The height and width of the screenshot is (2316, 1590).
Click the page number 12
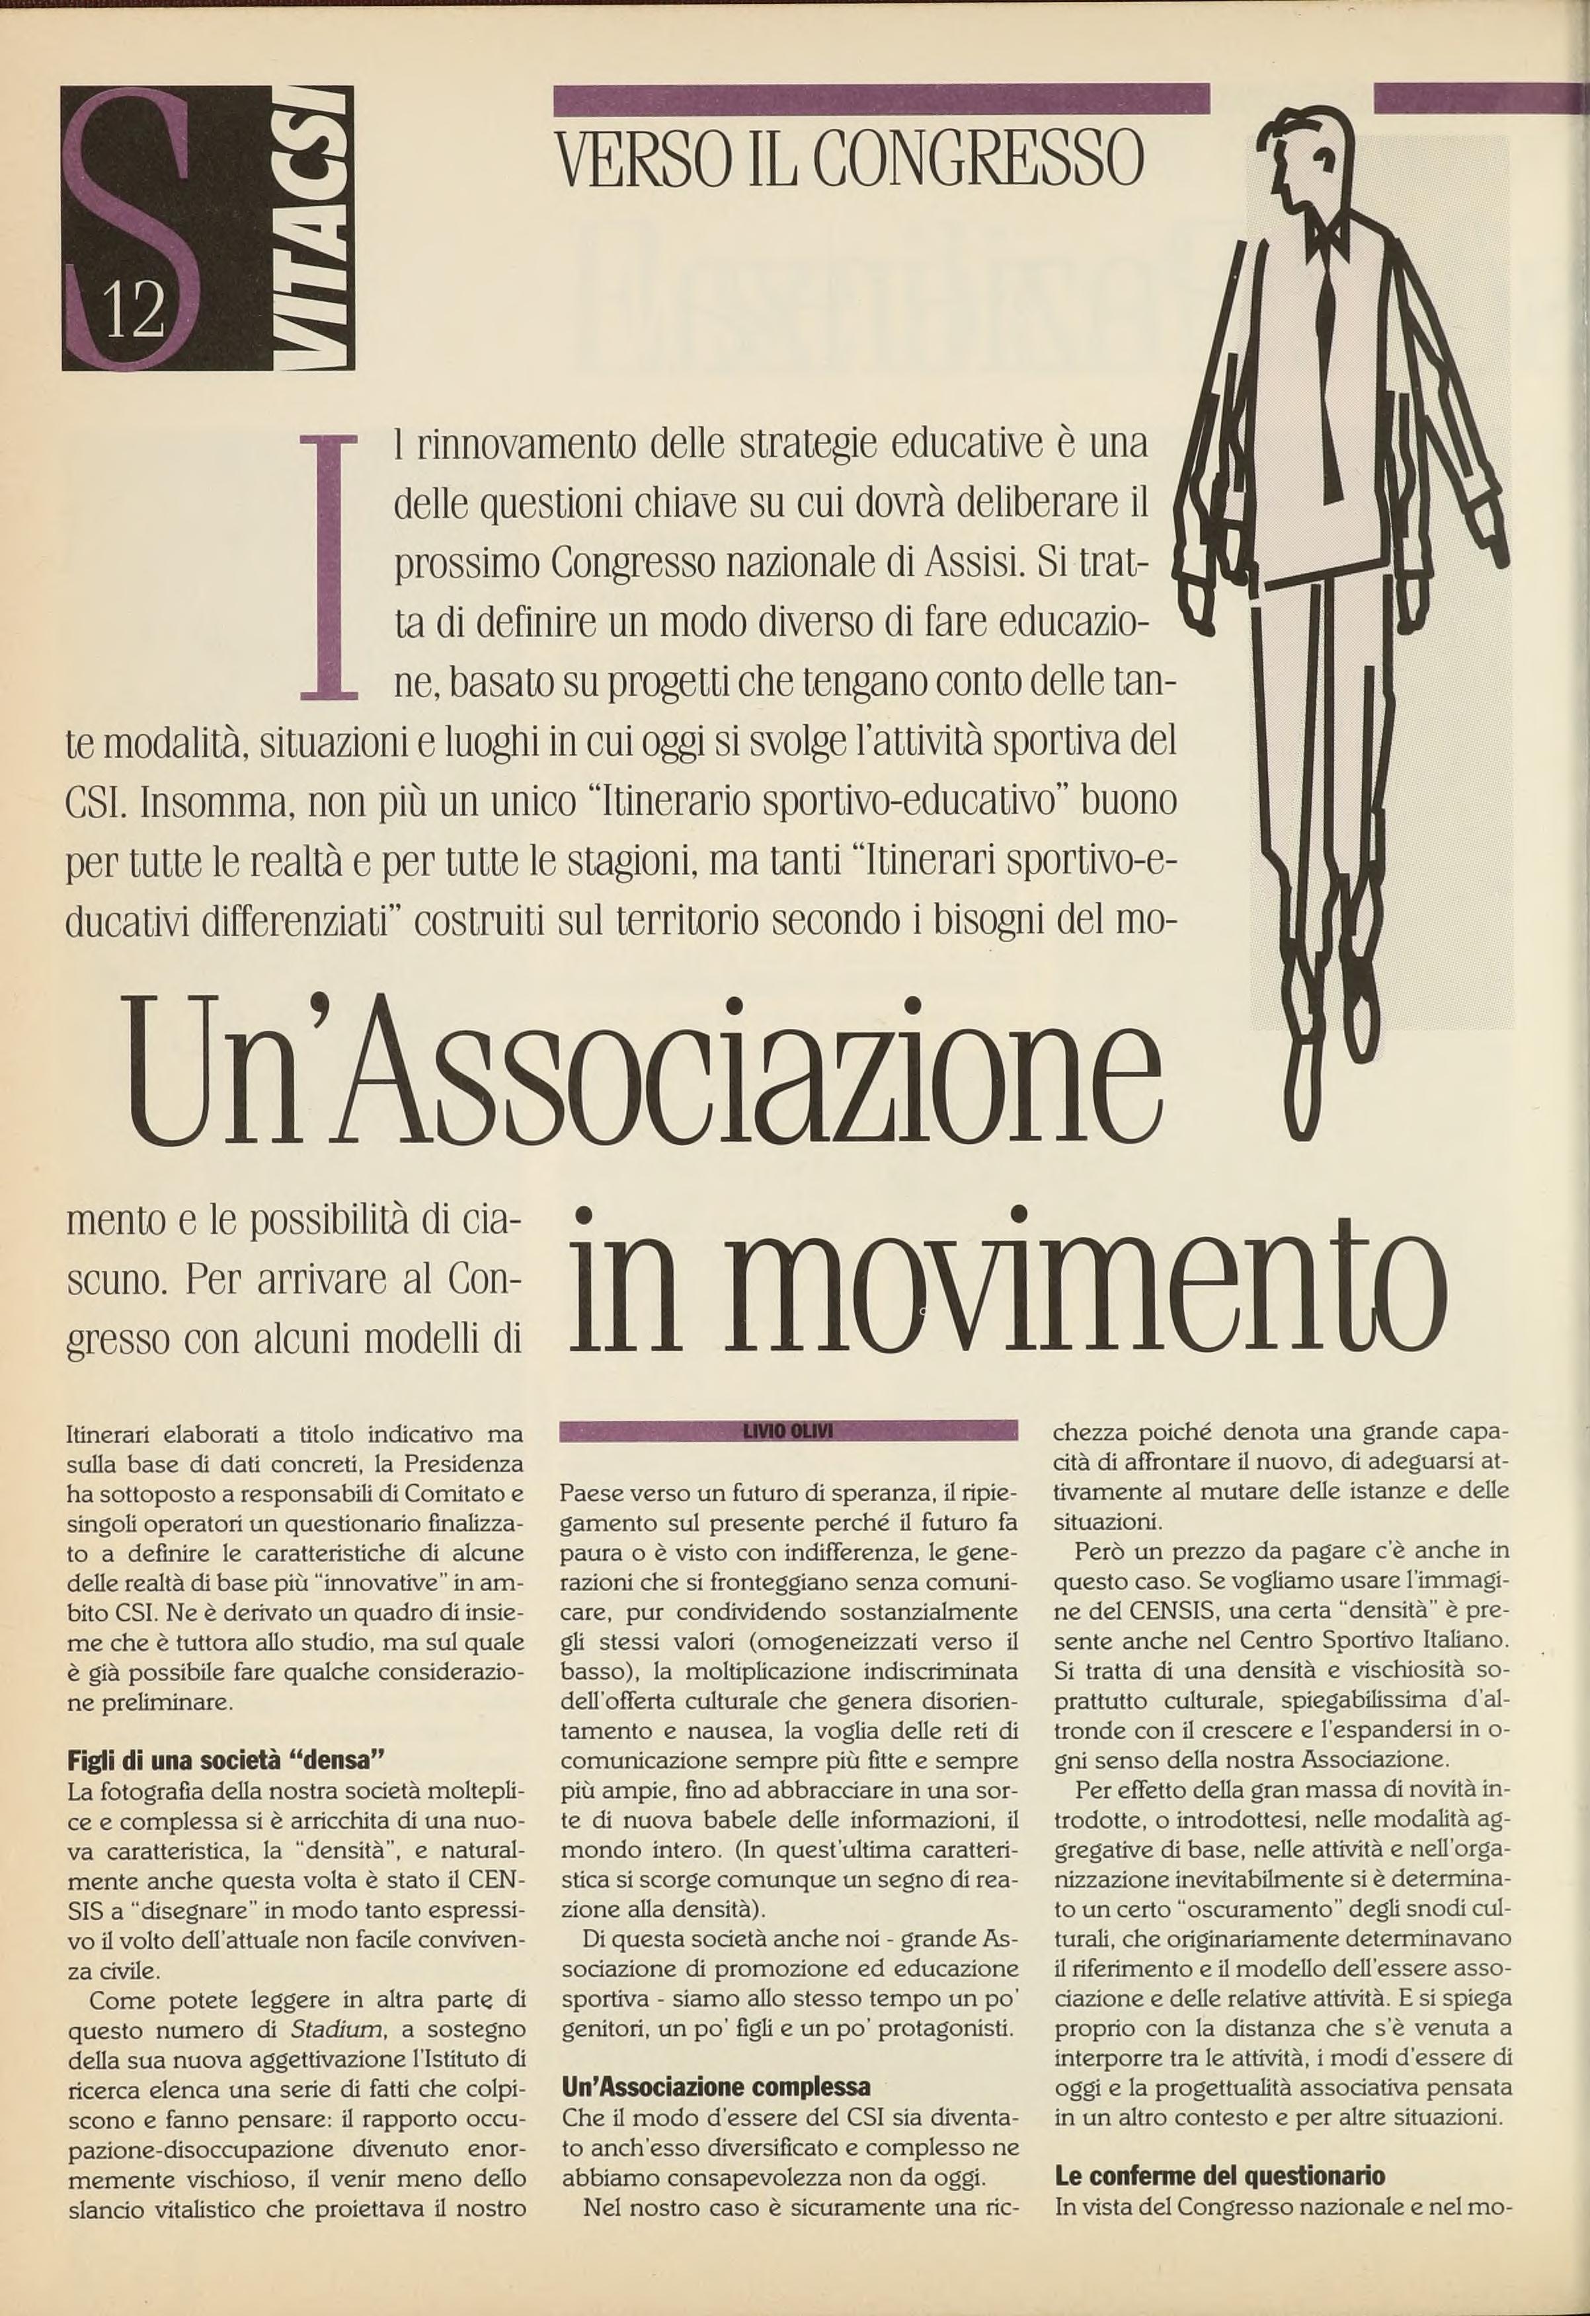tap(133, 312)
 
